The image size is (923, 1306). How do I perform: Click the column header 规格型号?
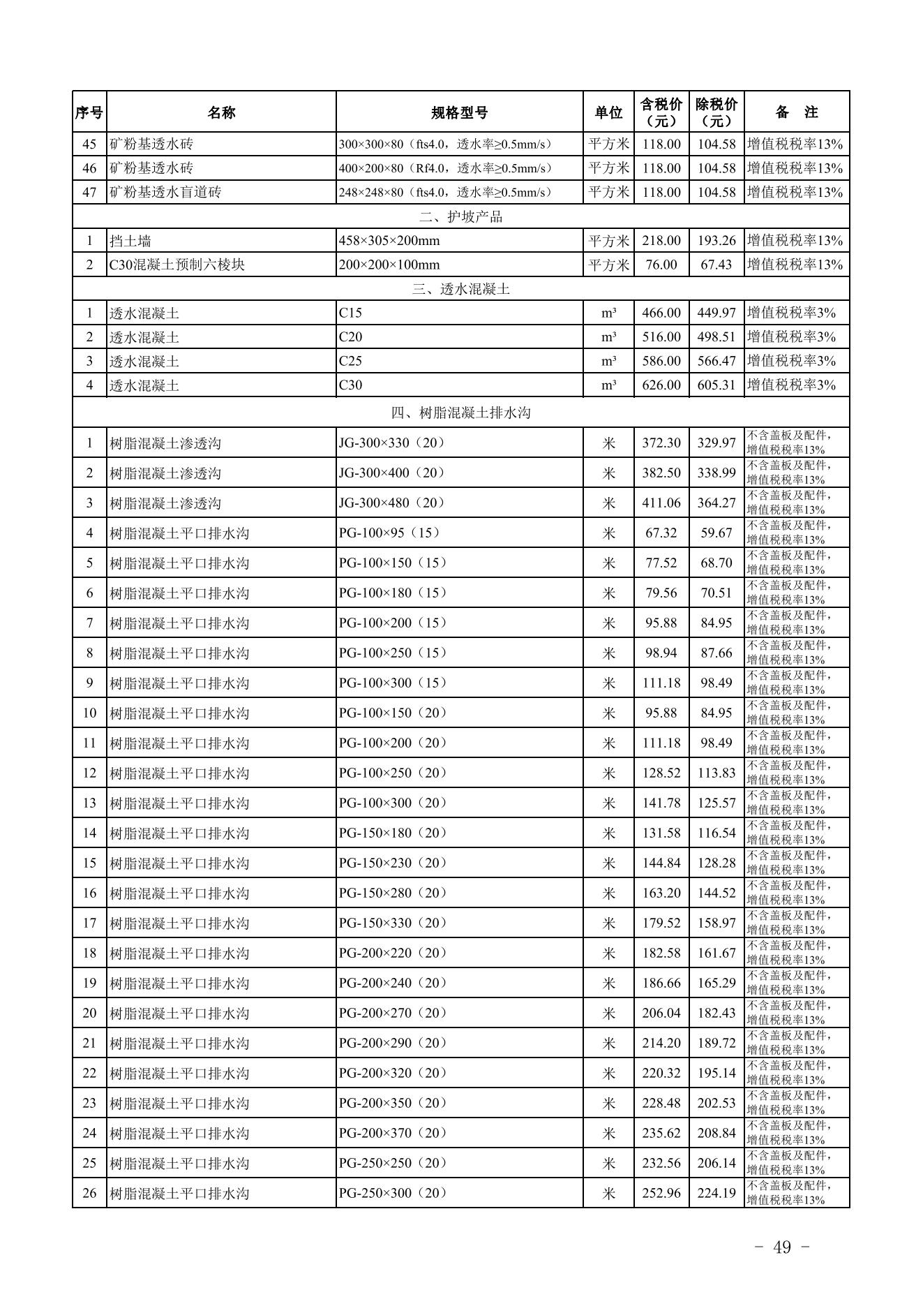coord(459,112)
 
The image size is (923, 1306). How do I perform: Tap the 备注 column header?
coord(796,112)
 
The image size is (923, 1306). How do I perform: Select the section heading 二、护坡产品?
coord(460,216)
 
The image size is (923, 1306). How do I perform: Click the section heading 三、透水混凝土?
coord(460,289)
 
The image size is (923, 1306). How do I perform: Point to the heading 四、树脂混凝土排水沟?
coord(460,413)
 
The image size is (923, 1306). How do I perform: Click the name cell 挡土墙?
coord(130,241)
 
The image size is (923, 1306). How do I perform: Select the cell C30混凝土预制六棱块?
coord(177,265)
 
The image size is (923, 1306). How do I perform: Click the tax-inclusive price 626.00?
coord(661,385)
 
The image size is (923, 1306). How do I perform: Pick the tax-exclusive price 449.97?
coord(716,313)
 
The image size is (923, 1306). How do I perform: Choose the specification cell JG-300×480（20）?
coord(392,503)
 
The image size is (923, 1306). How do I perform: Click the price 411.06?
coord(661,503)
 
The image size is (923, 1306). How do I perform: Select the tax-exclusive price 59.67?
coord(716,533)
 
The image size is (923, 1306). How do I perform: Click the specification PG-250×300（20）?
coord(392,1193)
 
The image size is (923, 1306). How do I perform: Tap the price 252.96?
coord(661,1193)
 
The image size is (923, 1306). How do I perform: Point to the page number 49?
coord(782,1247)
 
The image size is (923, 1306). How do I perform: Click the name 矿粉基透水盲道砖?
coord(165,192)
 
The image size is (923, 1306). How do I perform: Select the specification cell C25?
coord(350,361)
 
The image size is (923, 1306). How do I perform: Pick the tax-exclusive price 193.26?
coord(716,241)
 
